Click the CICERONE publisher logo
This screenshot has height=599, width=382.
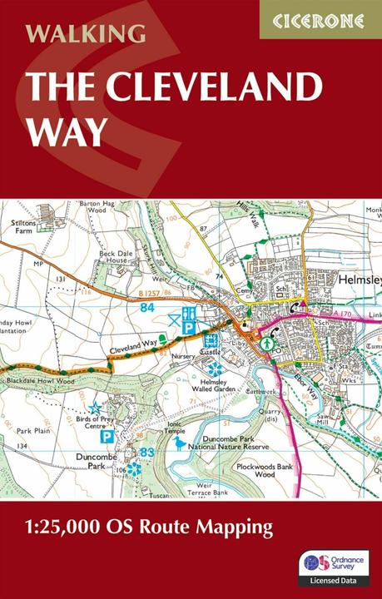(x=319, y=18)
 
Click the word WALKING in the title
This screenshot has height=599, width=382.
(x=86, y=34)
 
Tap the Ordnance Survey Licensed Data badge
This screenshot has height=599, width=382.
(x=334, y=566)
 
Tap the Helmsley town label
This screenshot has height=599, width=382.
(x=359, y=281)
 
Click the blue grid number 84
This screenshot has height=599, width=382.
(x=148, y=308)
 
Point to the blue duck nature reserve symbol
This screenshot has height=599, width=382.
(x=180, y=443)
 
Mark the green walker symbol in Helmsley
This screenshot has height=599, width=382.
(x=268, y=341)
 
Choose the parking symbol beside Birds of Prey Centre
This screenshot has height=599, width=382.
(x=107, y=436)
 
